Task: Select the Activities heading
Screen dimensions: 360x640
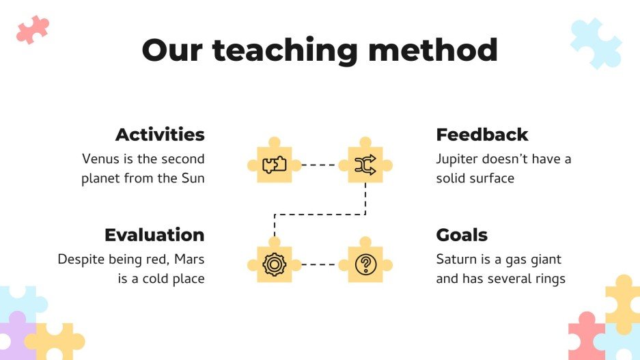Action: point(160,135)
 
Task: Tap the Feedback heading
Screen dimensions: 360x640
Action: point(482,135)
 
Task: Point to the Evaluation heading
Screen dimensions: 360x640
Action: point(154,235)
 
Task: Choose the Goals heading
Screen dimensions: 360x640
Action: point(462,235)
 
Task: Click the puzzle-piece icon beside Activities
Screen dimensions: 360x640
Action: point(274,165)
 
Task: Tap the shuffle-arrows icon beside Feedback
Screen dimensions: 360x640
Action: point(365,165)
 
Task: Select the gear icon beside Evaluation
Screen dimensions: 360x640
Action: point(274,264)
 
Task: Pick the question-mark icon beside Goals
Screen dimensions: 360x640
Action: point(365,264)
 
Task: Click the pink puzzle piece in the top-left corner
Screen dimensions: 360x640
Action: point(33,29)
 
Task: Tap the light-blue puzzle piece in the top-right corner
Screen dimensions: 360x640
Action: point(596,42)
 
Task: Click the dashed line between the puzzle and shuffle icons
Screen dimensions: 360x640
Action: point(320,165)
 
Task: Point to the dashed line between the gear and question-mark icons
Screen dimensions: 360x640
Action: point(320,264)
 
